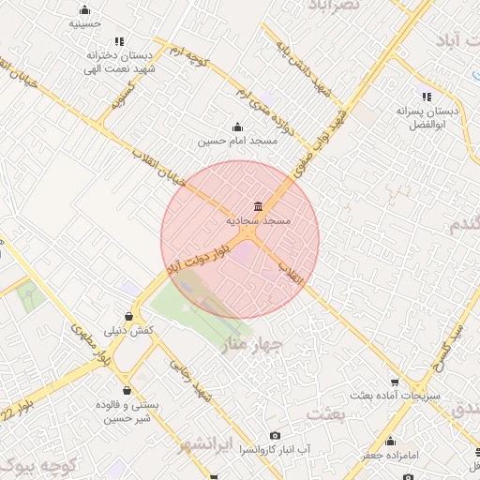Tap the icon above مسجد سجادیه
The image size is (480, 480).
click(x=258, y=207)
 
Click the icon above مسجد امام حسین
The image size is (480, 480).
click(x=236, y=127)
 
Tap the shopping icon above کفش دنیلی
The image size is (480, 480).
click(x=128, y=316)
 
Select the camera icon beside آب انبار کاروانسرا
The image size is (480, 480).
click(x=274, y=435)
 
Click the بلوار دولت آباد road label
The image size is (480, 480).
click(x=198, y=256)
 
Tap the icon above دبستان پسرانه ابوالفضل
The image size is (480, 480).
click(x=427, y=97)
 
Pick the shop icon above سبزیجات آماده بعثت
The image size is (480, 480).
click(x=395, y=382)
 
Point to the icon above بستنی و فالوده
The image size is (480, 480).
click(x=125, y=390)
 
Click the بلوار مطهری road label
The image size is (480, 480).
click(x=90, y=345)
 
